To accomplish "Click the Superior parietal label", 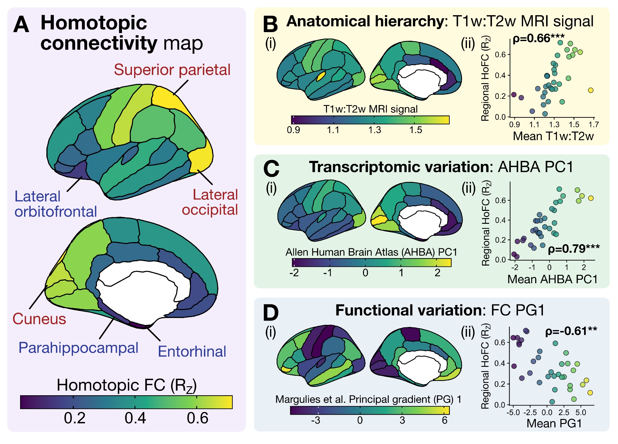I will [172, 70].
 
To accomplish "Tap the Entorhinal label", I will [192, 351].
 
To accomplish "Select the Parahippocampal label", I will [78, 348].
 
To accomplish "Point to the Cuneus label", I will [39, 319].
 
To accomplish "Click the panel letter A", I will [21, 25].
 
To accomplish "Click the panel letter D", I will [270, 312].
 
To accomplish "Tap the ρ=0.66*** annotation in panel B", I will [538, 38].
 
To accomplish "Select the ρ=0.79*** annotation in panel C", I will [574, 249].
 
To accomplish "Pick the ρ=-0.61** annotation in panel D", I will [571, 331].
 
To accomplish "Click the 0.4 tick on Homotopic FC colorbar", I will [135, 418].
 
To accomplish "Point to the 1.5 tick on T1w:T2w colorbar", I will [416, 130].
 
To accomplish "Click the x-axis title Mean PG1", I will [554, 423].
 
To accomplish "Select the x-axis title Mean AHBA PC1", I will [552, 279].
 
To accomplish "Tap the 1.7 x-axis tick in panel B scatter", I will [594, 125].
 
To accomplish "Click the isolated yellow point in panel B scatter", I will [590, 90].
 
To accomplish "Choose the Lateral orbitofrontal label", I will [56, 204].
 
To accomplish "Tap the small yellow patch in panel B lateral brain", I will [321, 76].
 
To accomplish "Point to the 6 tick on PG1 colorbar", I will [444, 420].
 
